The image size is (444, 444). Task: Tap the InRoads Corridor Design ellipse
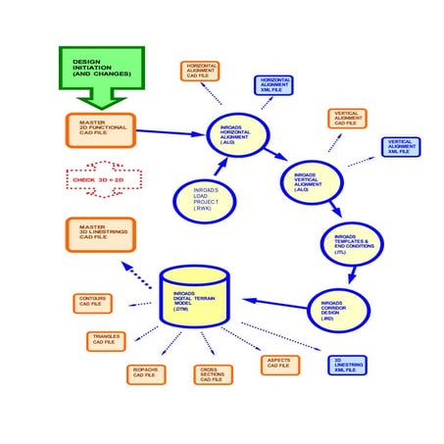[339, 310]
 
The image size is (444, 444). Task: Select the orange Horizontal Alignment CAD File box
[201, 71]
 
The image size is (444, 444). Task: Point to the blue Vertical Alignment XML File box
[401, 147]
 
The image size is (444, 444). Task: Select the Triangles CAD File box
[107, 341]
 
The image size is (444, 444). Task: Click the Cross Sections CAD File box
[214, 373]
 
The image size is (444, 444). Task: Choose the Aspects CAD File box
[277, 364]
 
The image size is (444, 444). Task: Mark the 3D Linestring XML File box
[347, 366]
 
